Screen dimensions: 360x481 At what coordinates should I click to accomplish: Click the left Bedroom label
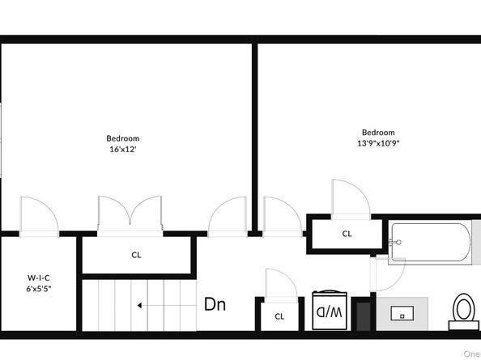[x=123, y=138]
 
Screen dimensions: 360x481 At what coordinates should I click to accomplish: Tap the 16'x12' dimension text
[x=123, y=150]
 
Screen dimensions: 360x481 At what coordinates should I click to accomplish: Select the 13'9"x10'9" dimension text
[x=378, y=143]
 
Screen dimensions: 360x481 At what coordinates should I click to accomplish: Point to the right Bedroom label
[x=378, y=132]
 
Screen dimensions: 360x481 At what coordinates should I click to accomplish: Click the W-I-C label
[x=39, y=277]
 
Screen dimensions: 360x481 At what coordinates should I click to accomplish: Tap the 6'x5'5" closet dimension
[x=39, y=289]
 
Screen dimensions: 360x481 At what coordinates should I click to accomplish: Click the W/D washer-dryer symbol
[x=330, y=310]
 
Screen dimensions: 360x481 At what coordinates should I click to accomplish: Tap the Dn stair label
[x=215, y=305]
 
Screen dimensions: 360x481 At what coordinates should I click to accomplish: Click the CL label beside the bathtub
[x=347, y=234]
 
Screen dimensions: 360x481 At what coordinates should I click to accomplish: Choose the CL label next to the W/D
[x=279, y=316]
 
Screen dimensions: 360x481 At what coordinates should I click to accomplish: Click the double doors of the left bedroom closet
[x=130, y=214]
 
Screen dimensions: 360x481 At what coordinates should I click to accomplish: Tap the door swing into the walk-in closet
[x=38, y=216]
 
